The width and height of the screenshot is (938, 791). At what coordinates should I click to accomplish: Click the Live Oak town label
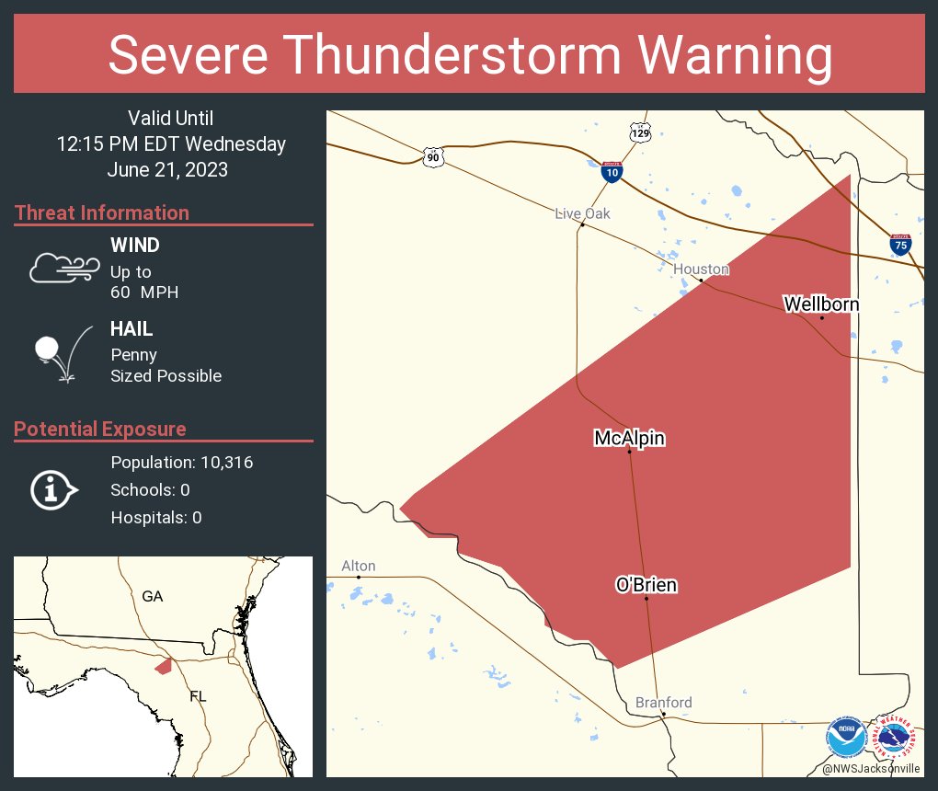[x=582, y=213]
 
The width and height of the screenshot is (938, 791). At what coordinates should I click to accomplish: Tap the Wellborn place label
[x=821, y=304]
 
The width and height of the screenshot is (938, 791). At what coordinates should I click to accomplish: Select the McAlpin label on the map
[x=629, y=439]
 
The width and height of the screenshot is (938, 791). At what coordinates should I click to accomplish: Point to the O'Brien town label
[x=646, y=585]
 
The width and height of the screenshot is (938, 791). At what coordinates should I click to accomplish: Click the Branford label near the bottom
[x=663, y=703]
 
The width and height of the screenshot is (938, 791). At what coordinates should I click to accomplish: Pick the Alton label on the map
[x=359, y=566]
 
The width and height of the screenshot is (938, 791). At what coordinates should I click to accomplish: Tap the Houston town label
[x=701, y=269]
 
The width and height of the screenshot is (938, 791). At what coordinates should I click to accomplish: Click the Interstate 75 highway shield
[x=900, y=245]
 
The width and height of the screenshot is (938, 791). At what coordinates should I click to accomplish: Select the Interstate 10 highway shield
[x=611, y=170]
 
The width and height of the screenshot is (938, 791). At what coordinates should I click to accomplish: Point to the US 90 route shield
[x=433, y=157]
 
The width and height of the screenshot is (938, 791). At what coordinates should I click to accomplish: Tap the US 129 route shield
[x=640, y=132]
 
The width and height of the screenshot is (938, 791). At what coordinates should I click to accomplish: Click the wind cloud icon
[x=63, y=268]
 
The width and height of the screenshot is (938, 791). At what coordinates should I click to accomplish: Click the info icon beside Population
[x=53, y=490]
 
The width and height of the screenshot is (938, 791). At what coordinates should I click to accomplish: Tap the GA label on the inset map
[x=153, y=597]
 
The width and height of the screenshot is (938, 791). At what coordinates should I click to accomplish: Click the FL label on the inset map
[x=198, y=696]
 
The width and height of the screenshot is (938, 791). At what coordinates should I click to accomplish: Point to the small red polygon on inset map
[x=164, y=665]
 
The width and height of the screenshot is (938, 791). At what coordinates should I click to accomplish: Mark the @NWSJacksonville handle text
[x=871, y=768]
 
